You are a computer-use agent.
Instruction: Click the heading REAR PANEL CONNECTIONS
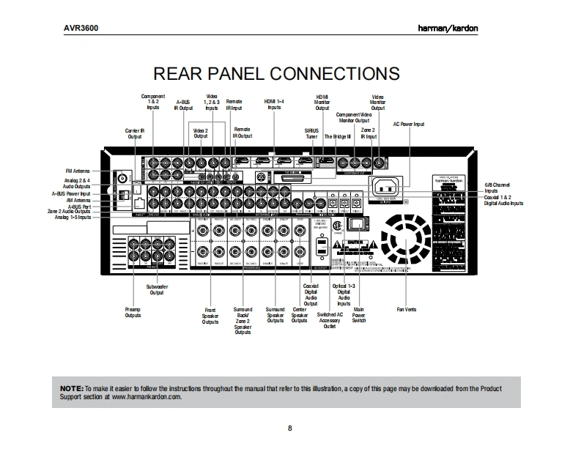275,74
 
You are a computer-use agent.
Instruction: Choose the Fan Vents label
406,310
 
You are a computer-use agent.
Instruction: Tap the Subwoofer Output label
157,289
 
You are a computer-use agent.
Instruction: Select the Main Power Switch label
358,315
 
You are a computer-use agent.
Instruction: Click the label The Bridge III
338,136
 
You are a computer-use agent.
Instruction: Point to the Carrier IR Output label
135,133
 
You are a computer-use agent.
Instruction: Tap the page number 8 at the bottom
290,428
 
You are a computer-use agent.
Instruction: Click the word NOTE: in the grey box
71,387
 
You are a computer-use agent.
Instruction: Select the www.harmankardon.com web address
146,396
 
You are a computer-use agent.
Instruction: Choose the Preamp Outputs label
133,313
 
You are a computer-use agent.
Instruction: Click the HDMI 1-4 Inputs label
274,104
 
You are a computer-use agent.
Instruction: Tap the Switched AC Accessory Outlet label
329,321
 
